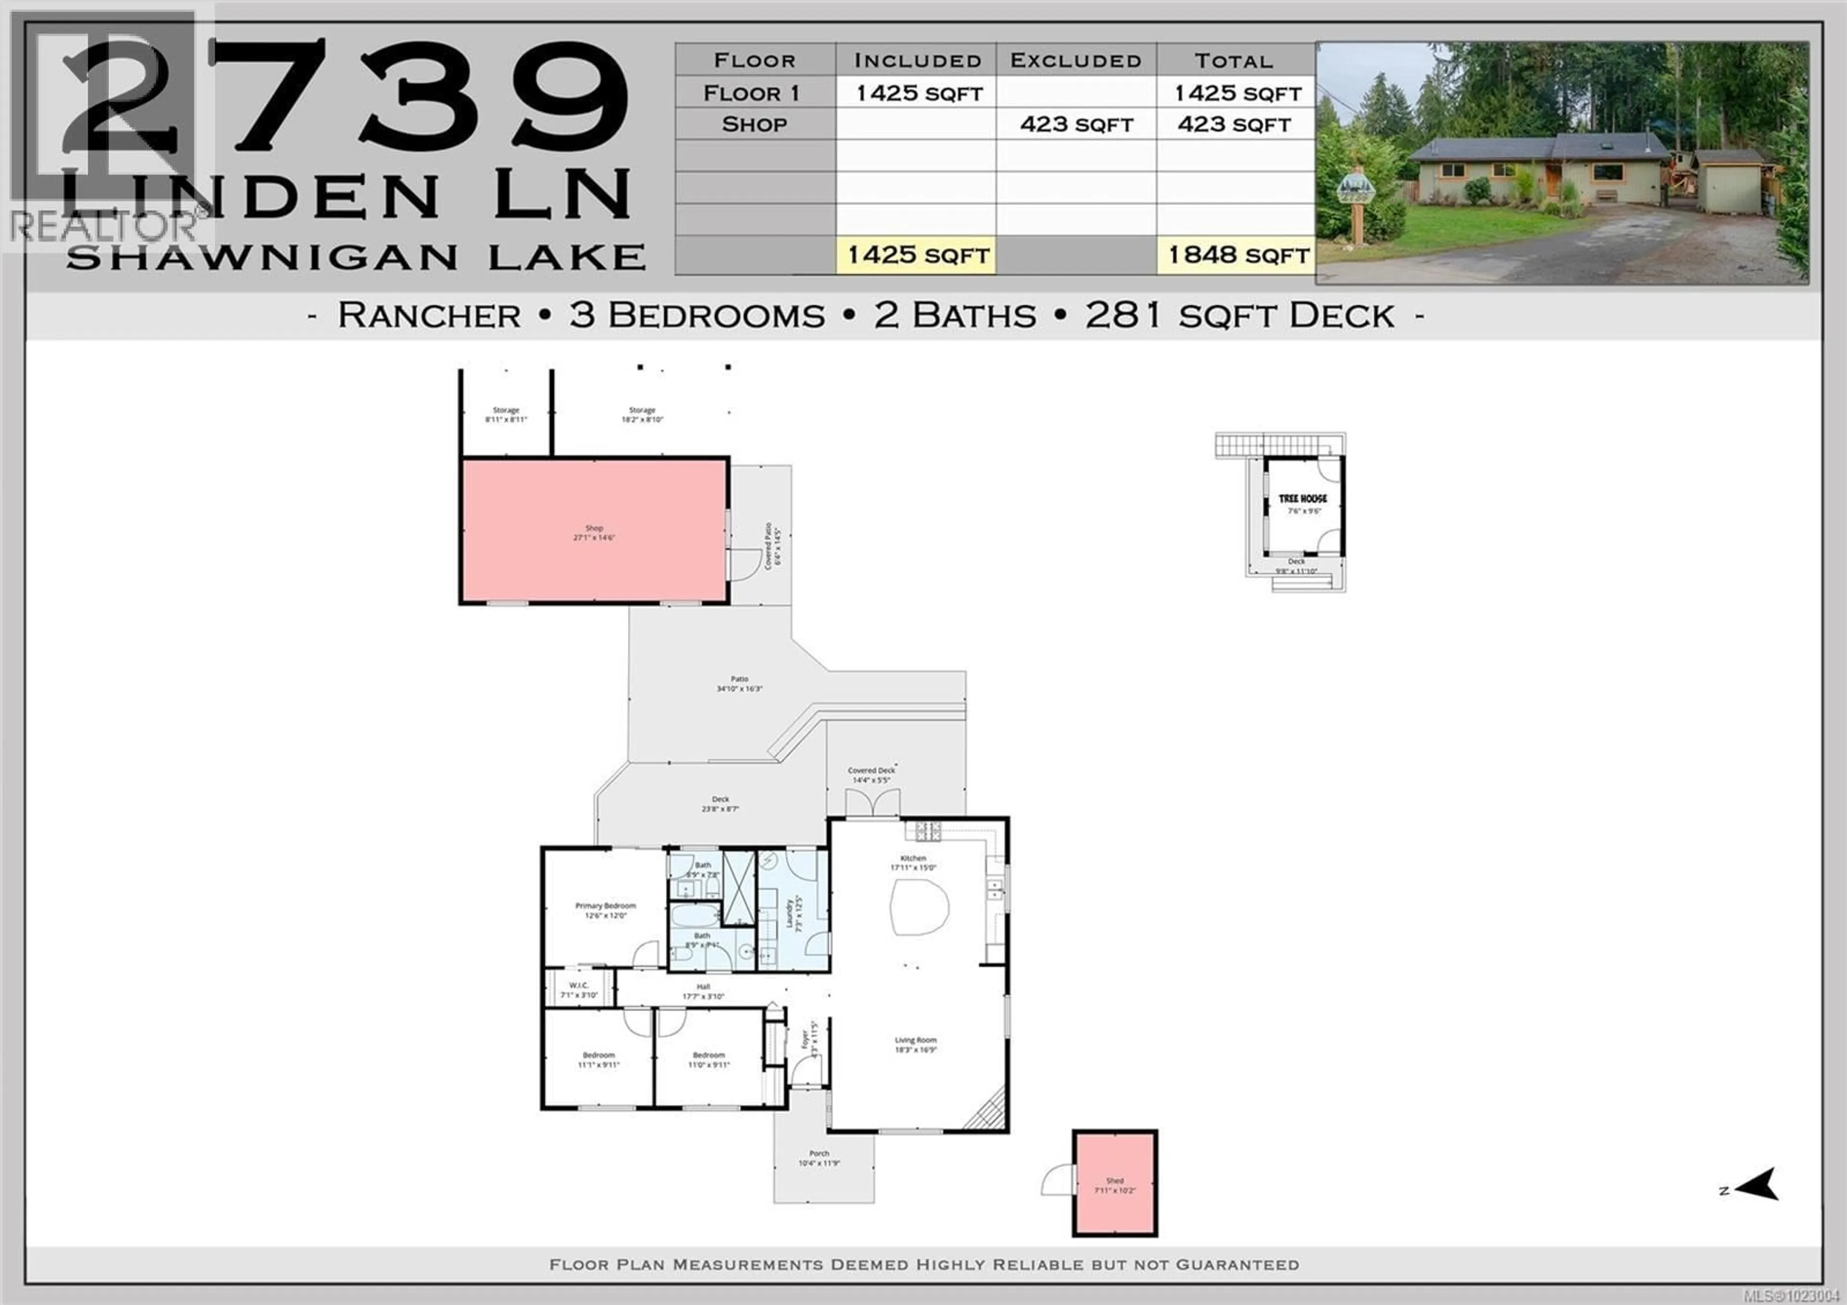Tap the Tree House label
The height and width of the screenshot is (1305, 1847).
(x=1303, y=499)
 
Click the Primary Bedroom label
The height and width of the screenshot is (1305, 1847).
(x=605, y=906)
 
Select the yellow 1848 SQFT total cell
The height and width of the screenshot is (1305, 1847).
(x=1237, y=255)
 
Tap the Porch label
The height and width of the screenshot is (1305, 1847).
(x=819, y=1154)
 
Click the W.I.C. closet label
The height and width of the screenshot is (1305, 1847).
(x=579, y=985)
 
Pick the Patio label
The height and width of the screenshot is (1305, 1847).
(x=739, y=679)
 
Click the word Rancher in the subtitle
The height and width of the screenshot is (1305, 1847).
(x=429, y=315)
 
